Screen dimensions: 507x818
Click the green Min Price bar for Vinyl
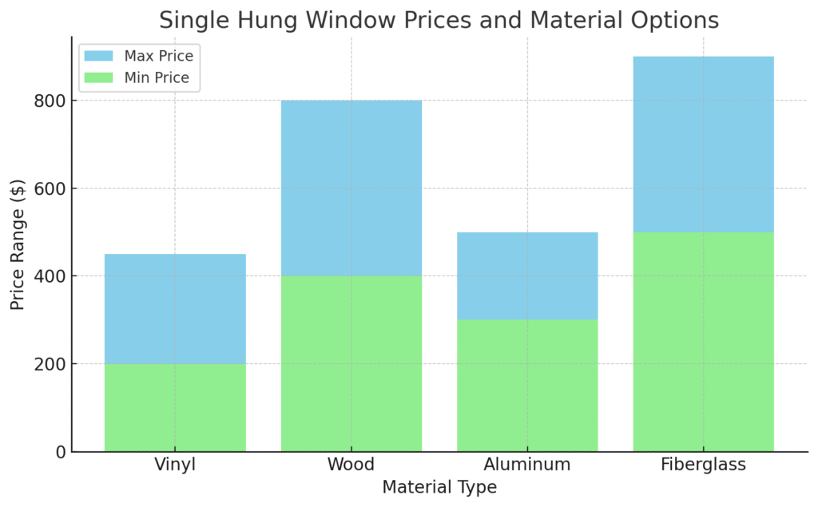click(x=175, y=407)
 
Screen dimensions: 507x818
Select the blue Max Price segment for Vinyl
click(x=175, y=308)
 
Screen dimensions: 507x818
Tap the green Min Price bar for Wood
click(x=351, y=363)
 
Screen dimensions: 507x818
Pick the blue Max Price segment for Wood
click(x=351, y=188)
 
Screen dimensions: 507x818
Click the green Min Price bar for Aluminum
click(x=527, y=385)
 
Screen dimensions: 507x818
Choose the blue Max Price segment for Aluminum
click(x=527, y=275)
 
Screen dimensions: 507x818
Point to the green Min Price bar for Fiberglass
click(x=703, y=341)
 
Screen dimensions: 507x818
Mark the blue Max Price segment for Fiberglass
click(x=703, y=144)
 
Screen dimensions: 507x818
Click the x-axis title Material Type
click(x=439, y=487)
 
